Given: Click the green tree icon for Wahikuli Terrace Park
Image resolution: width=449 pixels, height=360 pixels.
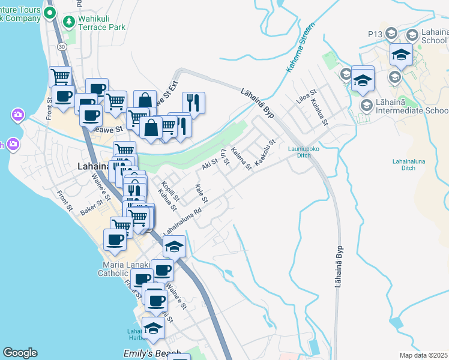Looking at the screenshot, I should click(69, 22).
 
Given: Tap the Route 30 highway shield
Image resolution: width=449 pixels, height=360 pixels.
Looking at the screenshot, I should click(62, 46).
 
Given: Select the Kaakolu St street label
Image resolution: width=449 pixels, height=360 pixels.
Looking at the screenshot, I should click(265, 153).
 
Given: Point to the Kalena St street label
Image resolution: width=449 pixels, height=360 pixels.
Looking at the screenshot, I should click(241, 159).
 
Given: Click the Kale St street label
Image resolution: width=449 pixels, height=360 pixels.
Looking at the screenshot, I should click(201, 193).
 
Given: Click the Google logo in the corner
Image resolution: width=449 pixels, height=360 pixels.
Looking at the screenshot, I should click(20, 353).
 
